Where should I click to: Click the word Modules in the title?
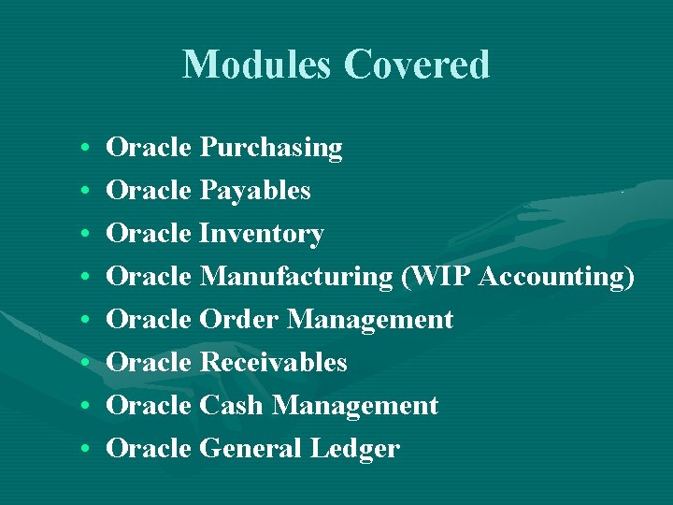(258, 65)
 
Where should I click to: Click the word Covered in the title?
(416, 65)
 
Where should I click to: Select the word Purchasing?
(271, 148)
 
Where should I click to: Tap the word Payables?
(255, 191)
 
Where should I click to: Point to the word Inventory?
(262, 234)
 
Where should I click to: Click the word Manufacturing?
(297, 277)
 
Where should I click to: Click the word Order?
(239, 320)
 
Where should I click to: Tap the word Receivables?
(273, 363)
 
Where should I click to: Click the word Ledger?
(355, 449)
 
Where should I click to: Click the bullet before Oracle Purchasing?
(85, 149)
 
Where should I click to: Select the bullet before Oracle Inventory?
(85, 235)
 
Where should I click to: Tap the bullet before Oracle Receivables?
(85, 364)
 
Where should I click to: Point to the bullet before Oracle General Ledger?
(85, 450)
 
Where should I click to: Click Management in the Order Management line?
(370, 320)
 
